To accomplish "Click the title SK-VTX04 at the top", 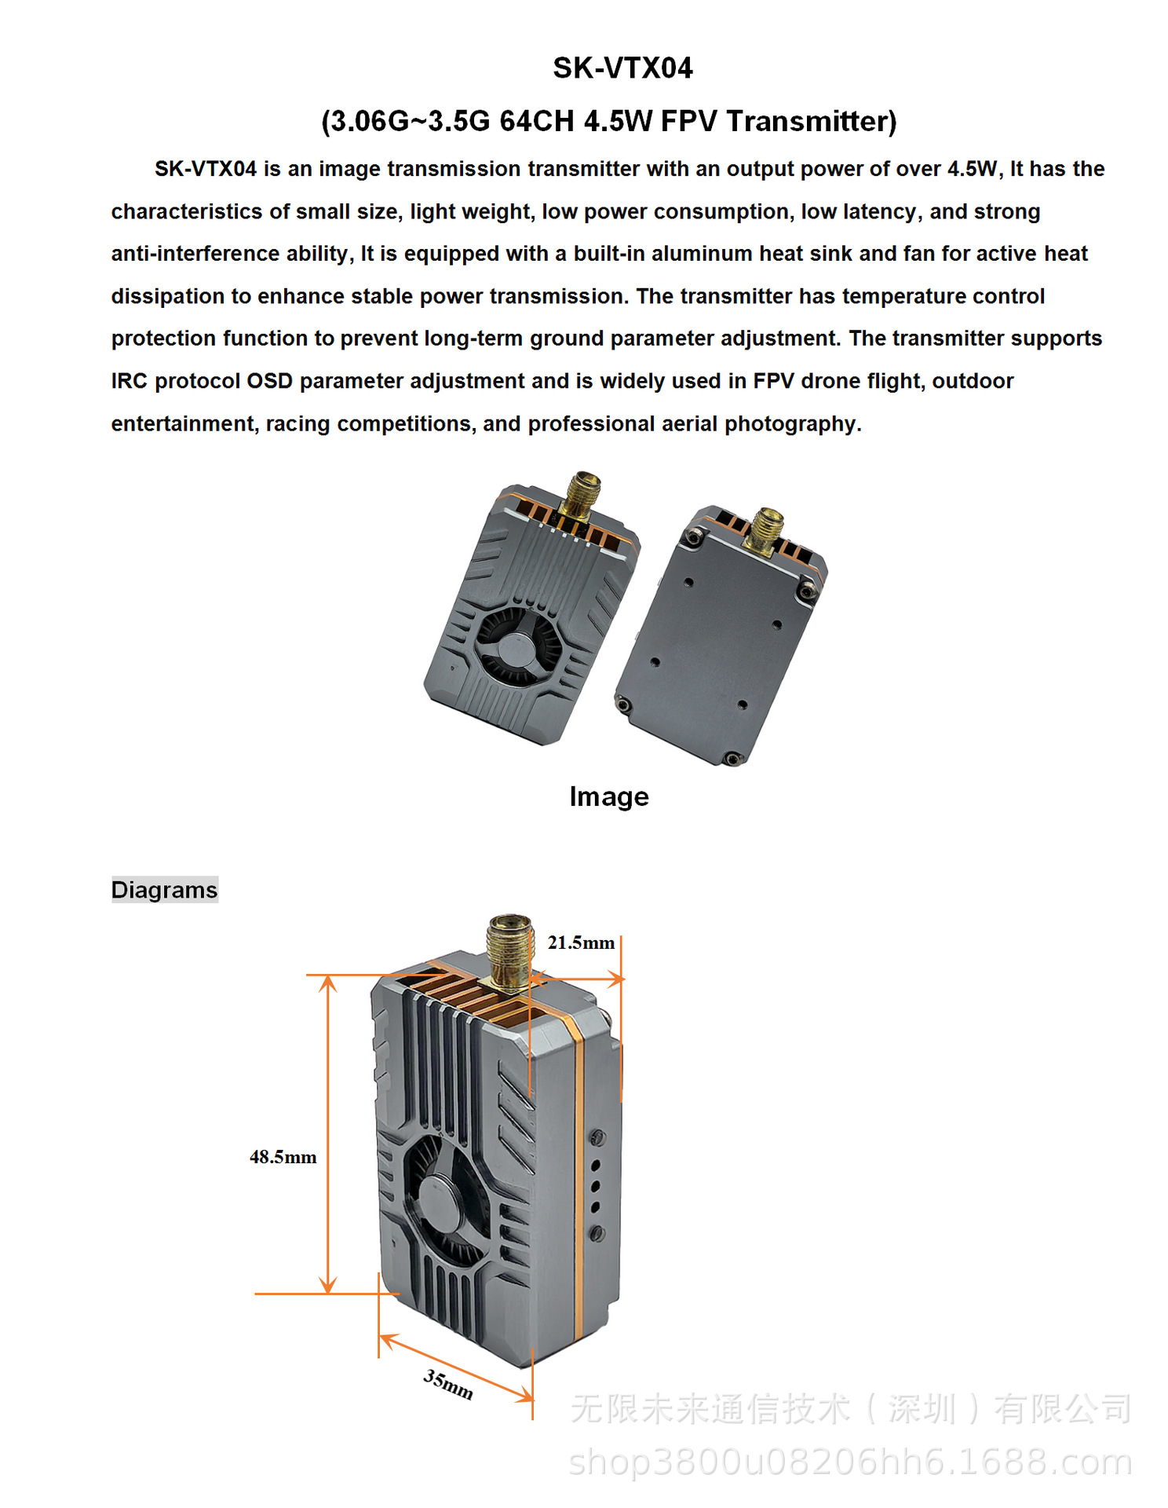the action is (622, 68).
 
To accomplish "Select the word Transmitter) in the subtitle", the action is (811, 122).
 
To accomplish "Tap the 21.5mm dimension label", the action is (581, 942).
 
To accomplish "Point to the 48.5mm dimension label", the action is (283, 1157).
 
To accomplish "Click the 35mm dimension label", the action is (448, 1384).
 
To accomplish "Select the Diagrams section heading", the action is (164, 890).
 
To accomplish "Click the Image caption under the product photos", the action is (609, 796).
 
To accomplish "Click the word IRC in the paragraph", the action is (130, 381).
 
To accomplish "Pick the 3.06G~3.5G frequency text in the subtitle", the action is (407, 122).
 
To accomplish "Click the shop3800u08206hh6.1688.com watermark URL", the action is (851, 1462).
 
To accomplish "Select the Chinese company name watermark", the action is (851, 1408).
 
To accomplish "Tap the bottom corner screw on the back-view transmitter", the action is (732, 759).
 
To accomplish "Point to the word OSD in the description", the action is (269, 381).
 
